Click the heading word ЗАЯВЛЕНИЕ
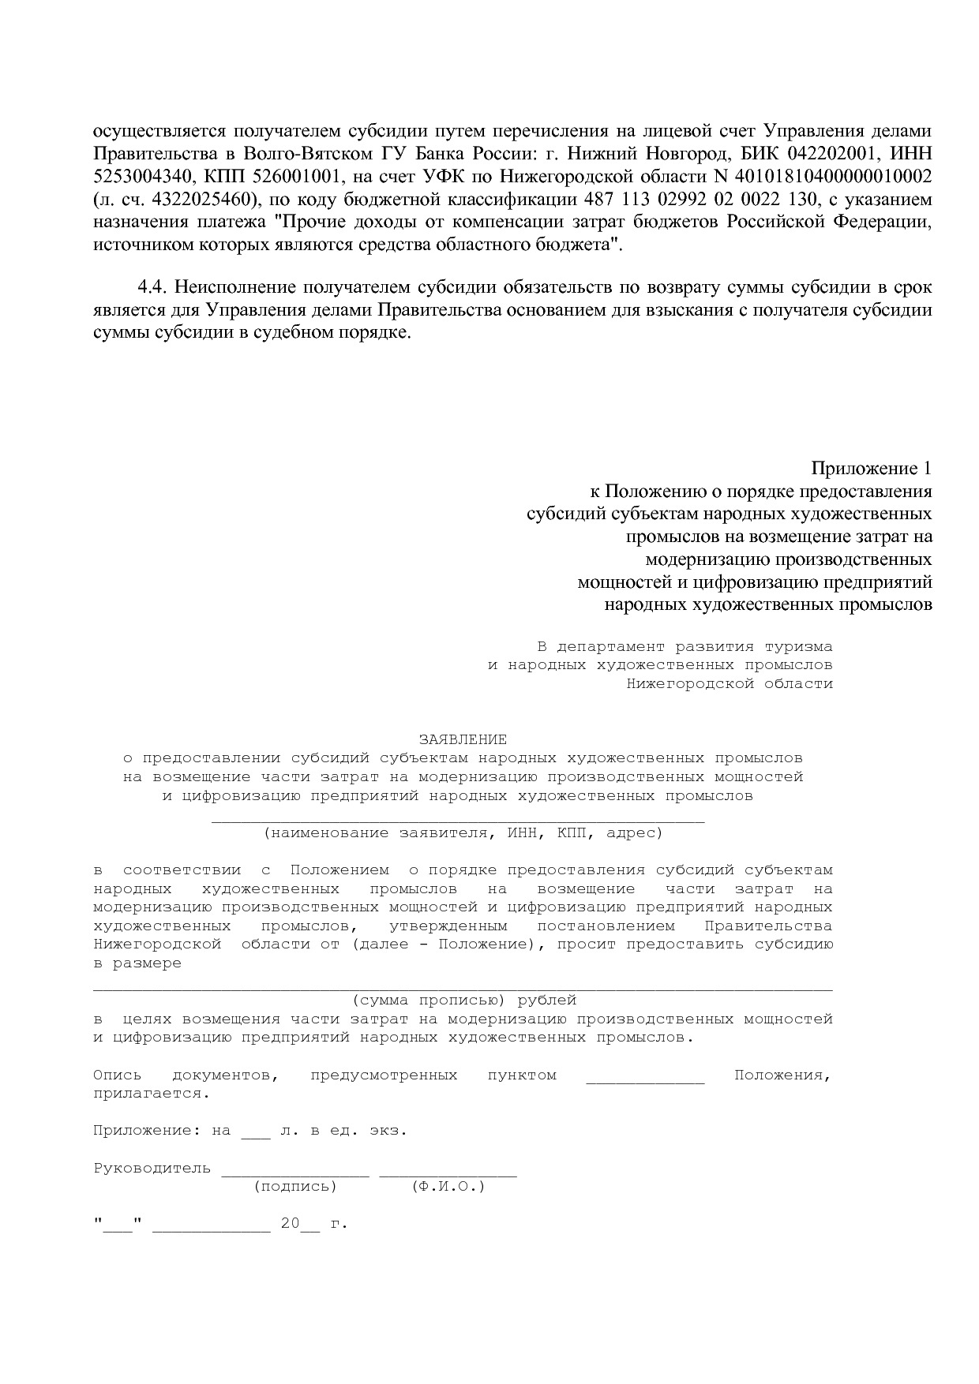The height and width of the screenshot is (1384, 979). [x=463, y=739]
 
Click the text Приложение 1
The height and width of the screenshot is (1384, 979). [x=872, y=469]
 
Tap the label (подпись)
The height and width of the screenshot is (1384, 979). [x=295, y=1186]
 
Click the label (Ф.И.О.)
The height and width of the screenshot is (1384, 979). [x=448, y=1186]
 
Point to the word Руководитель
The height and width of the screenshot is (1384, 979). [x=152, y=1168]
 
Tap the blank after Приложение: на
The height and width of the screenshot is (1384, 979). [x=255, y=1132]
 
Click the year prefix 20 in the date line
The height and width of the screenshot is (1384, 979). [x=290, y=1224]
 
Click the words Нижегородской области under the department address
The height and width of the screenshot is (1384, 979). [x=730, y=683]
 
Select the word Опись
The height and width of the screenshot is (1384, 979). [x=117, y=1075]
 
